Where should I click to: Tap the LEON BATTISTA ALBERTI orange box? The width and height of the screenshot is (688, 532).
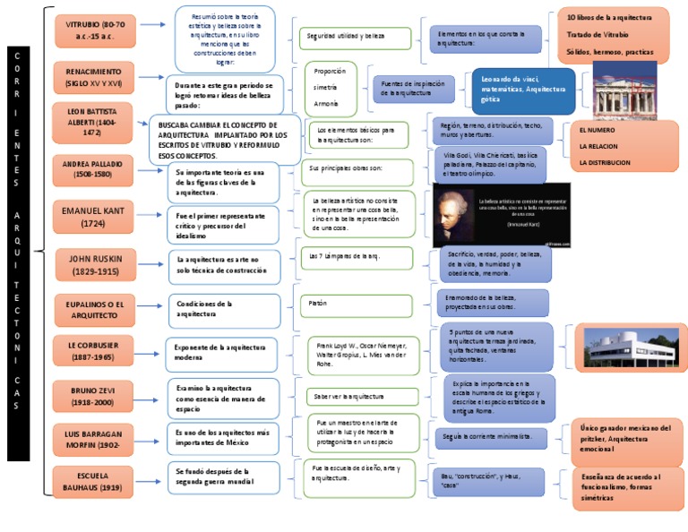coord(92,121)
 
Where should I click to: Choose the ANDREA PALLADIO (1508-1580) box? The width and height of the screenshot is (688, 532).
coord(93,170)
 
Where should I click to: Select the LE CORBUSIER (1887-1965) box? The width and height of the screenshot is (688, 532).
coord(93,351)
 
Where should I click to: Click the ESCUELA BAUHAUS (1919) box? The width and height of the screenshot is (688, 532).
coord(93,480)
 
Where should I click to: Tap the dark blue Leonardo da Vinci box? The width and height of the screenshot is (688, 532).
coord(523,90)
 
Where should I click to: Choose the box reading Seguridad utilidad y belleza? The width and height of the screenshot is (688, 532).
coord(354,39)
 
